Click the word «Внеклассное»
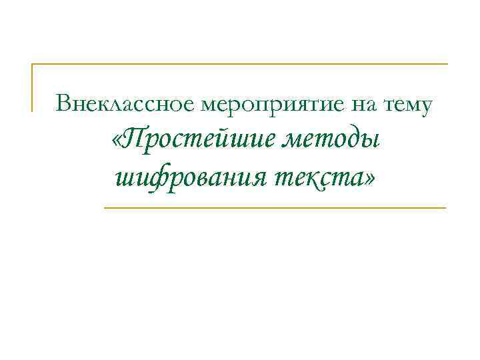[x=125, y=104]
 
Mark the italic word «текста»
[x=318, y=178]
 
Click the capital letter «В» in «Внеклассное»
[x=63, y=103]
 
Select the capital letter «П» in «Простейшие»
[x=137, y=139]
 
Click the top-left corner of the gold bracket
[x=33, y=64]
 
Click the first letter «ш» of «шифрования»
[x=126, y=179]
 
